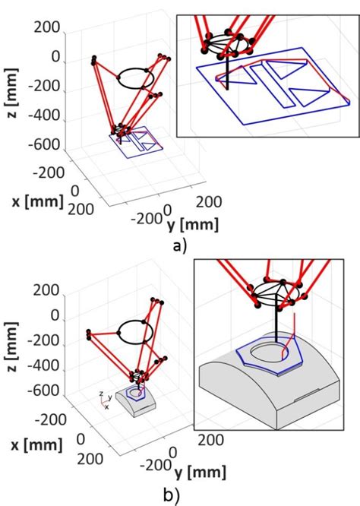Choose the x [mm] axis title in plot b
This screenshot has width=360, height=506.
(x=35, y=449)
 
